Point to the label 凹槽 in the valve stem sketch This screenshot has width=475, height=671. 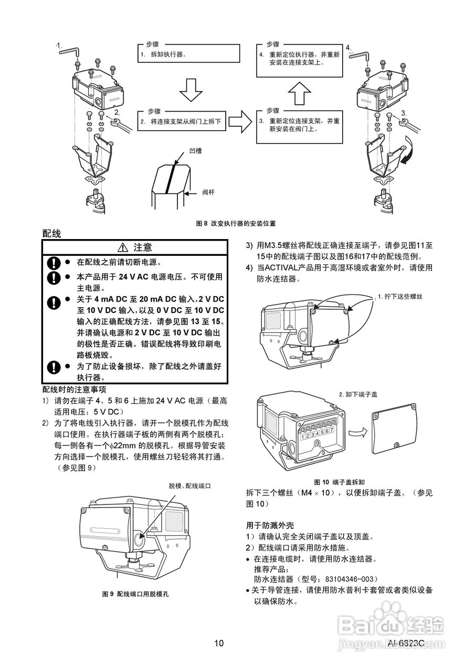[195, 150]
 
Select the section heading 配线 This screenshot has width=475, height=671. [51, 234]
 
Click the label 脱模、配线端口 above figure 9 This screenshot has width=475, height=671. [189, 486]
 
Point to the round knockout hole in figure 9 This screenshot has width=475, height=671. [140, 538]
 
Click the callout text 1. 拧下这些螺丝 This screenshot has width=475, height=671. [400, 296]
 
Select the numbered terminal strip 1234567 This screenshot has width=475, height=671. [317, 434]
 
